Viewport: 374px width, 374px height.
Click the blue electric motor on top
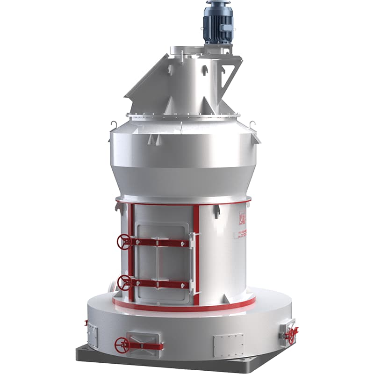pos(218,23)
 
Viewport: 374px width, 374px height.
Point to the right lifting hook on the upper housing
pos(253,125)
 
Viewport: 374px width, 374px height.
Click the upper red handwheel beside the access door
pos(124,242)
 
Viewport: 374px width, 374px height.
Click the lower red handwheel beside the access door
pos(124,282)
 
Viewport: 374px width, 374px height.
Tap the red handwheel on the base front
pos(122,345)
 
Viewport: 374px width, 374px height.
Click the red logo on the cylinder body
pos(242,218)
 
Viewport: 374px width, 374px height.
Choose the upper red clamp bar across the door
pos(159,243)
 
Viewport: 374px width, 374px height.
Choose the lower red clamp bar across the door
pos(159,283)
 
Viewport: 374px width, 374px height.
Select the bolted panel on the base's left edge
pos(92,334)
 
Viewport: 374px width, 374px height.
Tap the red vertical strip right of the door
pos(196,255)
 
